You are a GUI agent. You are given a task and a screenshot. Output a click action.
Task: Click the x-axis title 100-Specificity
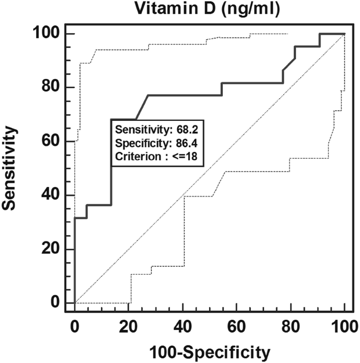pos(210,350)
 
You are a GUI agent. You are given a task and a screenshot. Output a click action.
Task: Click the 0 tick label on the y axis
pos(55,303)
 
